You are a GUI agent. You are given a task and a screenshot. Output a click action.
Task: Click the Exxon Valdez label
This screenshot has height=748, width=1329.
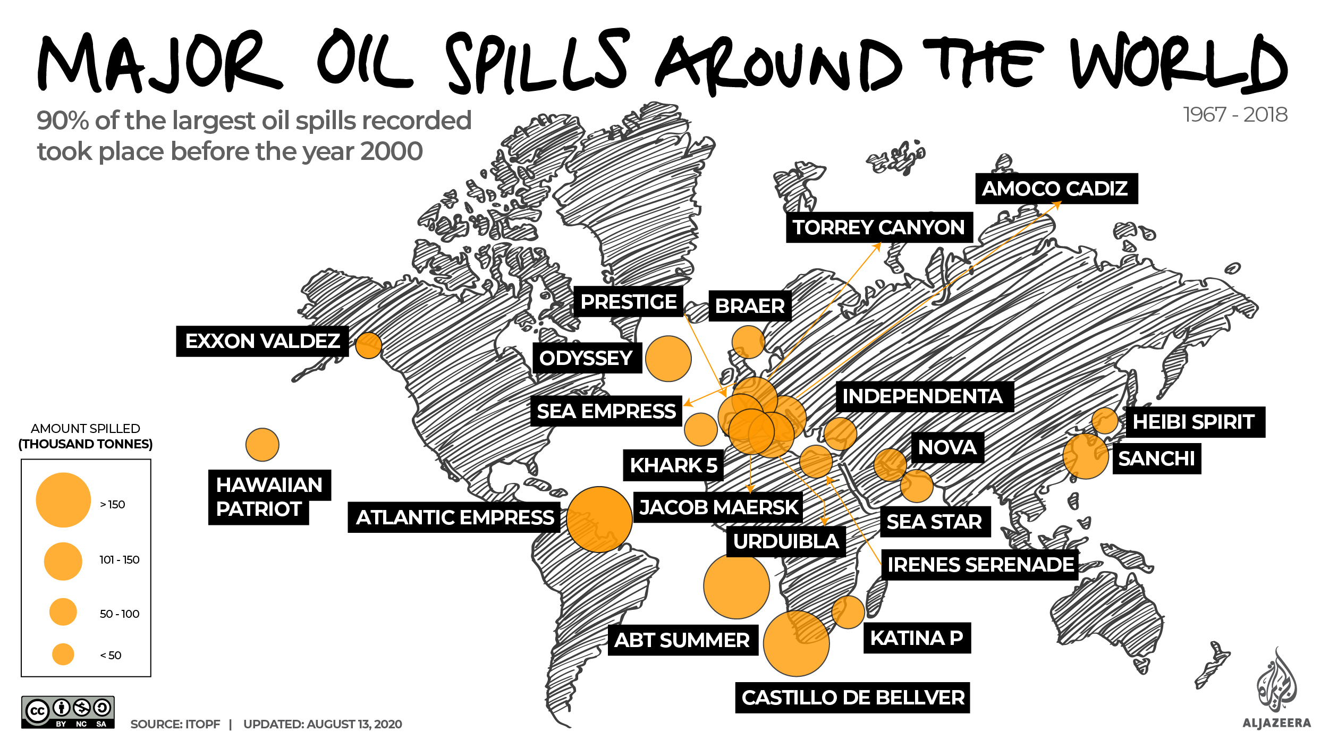click(x=262, y=341)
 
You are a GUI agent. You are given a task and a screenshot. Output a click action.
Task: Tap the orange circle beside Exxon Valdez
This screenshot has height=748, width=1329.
click(x=368, y=345)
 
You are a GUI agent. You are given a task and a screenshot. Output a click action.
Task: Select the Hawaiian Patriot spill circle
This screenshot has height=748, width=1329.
click(x=262, y=445)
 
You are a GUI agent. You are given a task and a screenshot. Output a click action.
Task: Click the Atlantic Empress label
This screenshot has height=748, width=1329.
click(x=454, y=517)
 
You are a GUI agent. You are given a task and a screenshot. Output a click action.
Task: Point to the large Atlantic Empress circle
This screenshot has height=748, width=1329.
click(x=599, y=519)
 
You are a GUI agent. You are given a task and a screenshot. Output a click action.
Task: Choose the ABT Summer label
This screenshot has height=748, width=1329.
click(x=682, y=640)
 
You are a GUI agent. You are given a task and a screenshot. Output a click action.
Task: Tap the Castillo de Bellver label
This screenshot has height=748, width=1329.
click(x=852, y=698)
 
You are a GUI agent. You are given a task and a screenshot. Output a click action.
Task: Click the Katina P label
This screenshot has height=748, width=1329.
click(x=917, y=638)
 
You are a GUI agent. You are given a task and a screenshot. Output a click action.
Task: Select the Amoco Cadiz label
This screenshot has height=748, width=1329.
click(x=1056, y=189)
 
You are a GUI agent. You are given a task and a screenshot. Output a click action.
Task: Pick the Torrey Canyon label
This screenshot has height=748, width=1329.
click(x=879, y=227)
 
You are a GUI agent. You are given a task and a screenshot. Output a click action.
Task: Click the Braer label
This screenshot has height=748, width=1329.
click(x=750, y=306)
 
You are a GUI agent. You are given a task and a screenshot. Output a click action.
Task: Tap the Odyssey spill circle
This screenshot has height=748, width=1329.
click(x=668, y=359)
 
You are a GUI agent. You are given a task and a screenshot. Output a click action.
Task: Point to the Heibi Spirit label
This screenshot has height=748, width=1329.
click(x=1195, y=422)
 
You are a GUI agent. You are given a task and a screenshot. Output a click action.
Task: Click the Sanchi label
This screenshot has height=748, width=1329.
click(x=1156, y=458)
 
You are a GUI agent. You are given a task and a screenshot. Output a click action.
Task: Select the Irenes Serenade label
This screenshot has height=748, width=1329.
click(x=980, y=565)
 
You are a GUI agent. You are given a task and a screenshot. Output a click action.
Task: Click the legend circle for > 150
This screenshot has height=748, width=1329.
click(x=63, y=500)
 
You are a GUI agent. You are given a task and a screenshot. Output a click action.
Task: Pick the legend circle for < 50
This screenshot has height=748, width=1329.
click(x=63, y=654)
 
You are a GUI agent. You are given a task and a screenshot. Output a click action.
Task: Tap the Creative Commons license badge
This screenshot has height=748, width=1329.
click(x=68, y=712)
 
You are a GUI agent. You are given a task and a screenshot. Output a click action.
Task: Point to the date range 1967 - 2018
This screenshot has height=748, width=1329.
click(x=1235, y=115)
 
